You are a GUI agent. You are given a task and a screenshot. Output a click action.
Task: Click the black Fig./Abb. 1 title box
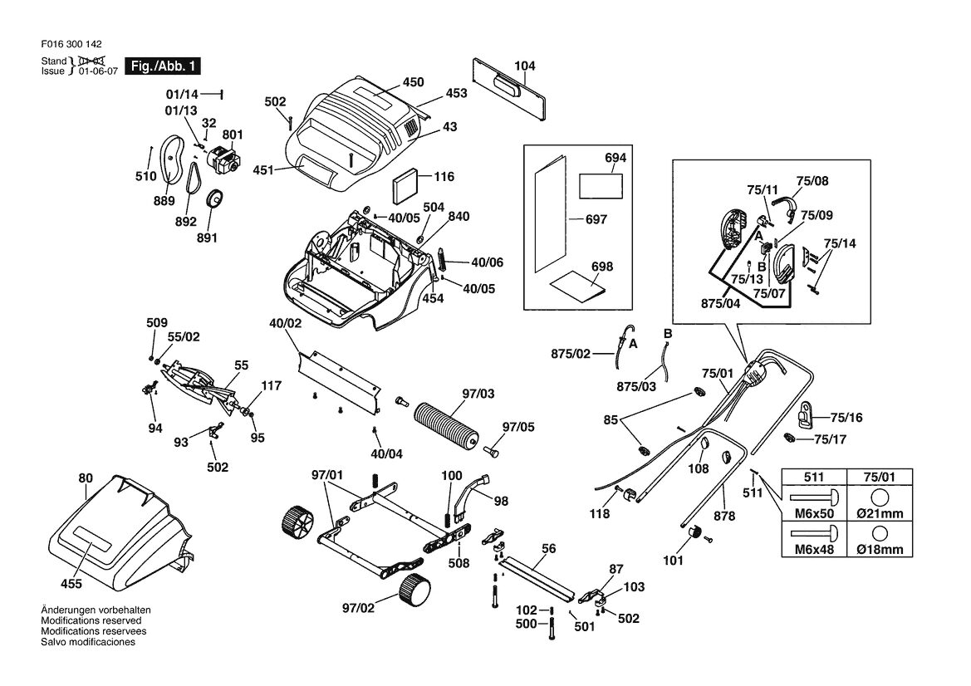click(x=163, y=66)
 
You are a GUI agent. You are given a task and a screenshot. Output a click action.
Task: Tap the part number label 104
click(x=524, y=66)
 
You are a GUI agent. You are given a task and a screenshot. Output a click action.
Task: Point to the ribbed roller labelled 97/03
click(x=446, y=425)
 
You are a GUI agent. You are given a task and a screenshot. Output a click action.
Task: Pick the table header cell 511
click(x=814, y=477)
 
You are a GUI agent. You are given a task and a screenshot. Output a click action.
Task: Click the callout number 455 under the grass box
click(x=71, y=584)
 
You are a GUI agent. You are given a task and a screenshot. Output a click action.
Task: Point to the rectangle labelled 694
click(x=600, y=186)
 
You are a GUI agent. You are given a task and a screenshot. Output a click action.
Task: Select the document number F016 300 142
click(x=71, y=44)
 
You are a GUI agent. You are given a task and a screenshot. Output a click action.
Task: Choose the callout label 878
click(x=724, y=516)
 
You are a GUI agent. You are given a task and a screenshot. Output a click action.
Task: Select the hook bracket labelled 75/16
click(x=804, y=414)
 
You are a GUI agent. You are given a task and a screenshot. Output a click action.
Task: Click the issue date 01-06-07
click(x=98, y=71)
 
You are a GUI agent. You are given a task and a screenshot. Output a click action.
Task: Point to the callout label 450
click(x=413, y=81)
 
